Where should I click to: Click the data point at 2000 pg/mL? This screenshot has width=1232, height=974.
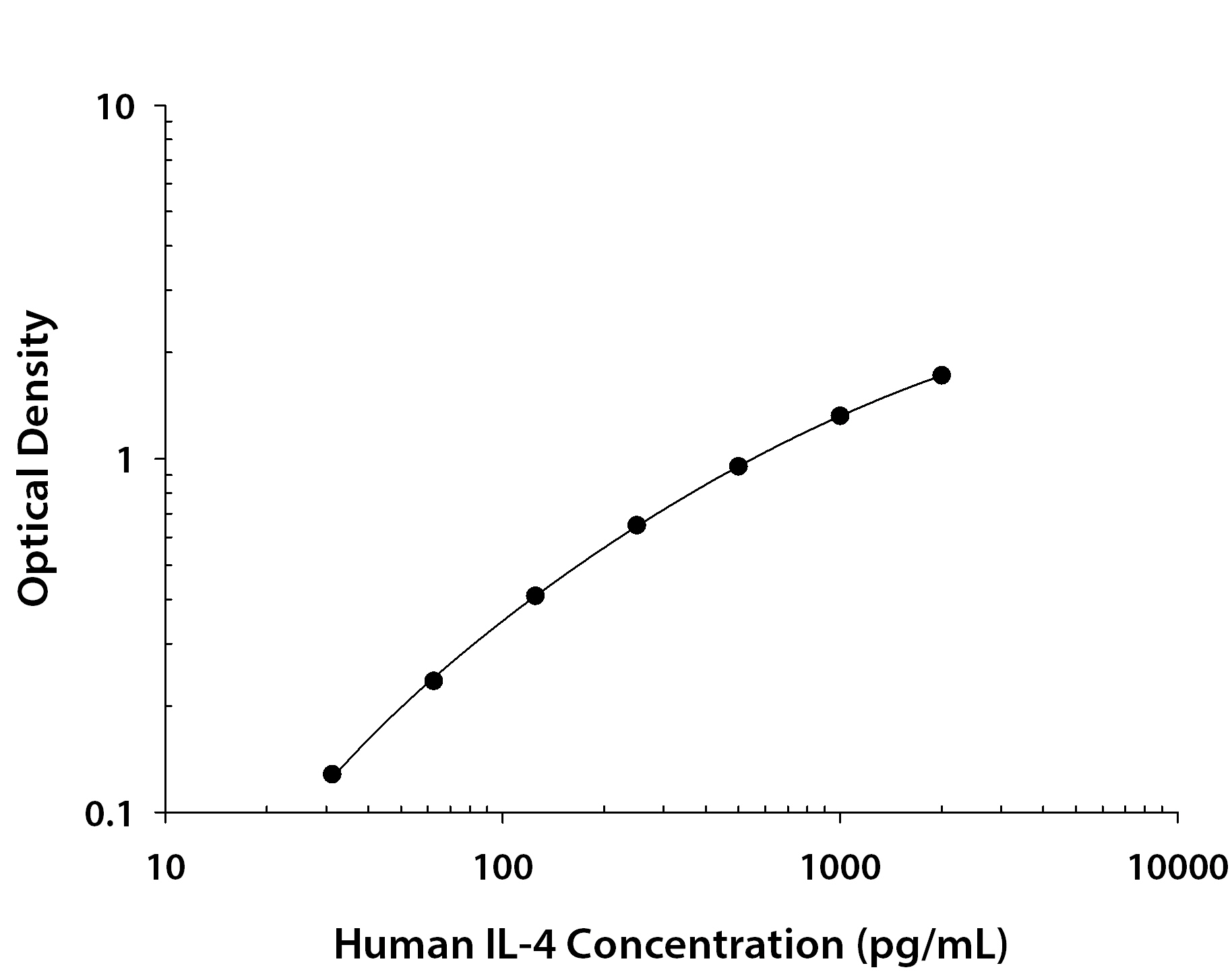tap(942, 375)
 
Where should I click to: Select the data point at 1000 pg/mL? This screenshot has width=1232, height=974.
tap(840, 415)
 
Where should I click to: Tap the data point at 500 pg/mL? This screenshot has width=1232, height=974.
tap(738, 466)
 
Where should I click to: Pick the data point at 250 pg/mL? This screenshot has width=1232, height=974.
tap(637, 525)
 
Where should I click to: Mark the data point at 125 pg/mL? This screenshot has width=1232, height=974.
tap(535, 595)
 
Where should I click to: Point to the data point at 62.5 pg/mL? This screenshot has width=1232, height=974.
tap(434, 681)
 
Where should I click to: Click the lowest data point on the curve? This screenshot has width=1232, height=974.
tap(332, 774)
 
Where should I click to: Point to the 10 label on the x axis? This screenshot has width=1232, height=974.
tap(165, 869)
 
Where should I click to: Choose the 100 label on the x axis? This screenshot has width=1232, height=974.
tap(501, 869)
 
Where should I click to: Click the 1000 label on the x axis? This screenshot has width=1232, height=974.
tap(840, 869)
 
